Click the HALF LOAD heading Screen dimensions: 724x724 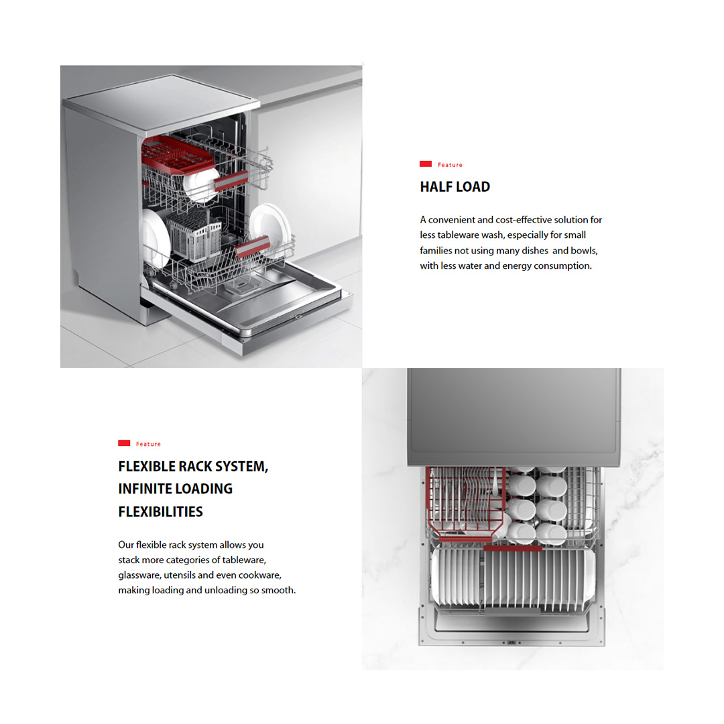pyautogui.click(x=455, y=186)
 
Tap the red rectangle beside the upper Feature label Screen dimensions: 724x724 pyautogui.click(x=425, y=164)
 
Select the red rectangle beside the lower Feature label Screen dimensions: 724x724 pyautogui.click(x=124, y=443)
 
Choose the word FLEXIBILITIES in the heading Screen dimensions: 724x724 pyautogui.click(x=160, y=511)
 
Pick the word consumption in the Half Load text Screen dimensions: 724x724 pyautogui.click(x=562, y=266)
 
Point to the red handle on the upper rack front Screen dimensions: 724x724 pyautogui.click(x=231, y=180)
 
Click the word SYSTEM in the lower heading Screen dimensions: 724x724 pyautogui.click(x=241, y=467)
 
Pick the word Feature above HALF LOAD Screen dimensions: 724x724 pyautogui.click(x=450, y=165)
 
